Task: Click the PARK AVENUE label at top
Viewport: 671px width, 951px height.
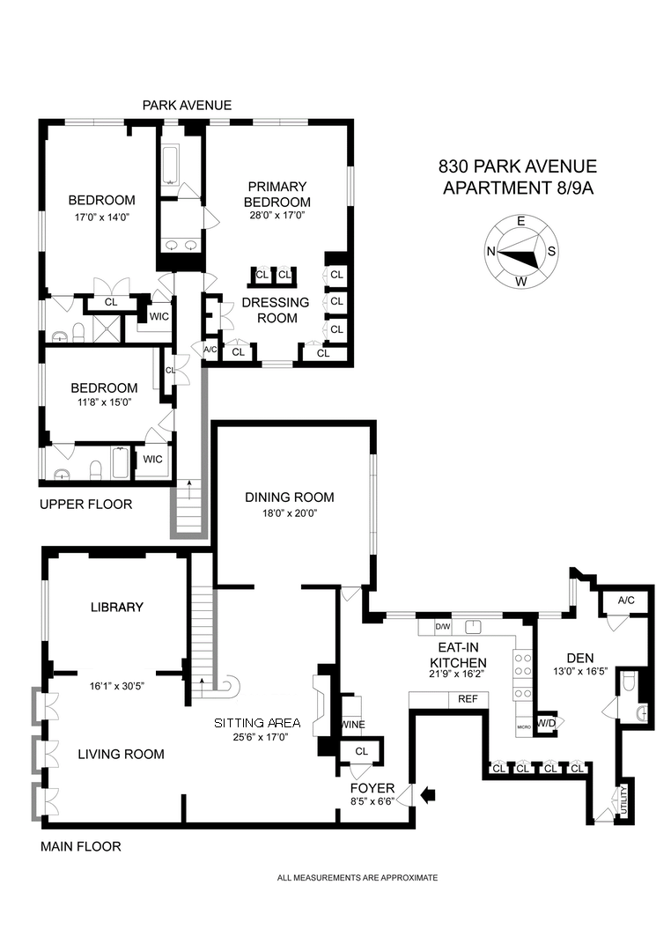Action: pyautogui.click(x=188, y=105)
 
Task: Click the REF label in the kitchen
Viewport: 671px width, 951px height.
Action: pyautogui.click(x=467, y=699)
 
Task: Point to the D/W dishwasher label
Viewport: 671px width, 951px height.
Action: pyautogui.click(x=444, y=627)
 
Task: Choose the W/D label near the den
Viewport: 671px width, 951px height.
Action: pyautogui.click(x=546, y=723)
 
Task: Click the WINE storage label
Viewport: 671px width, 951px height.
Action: pyautogui.click(x=354, y=725)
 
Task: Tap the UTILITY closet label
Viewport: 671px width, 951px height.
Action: pyautogui.click(x=626, y=800)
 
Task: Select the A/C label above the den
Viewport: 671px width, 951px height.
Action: pyautogui.click(x=626, y=600)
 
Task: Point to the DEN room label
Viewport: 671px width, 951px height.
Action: pyautogui.click(x=579, y=657)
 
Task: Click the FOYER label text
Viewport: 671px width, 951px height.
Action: pyautogui.click(x=372, y=787)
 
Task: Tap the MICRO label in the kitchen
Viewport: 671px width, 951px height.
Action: pyautogui.click(x=524, y=726)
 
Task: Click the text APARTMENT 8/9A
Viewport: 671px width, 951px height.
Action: pyautogui.click(x=517, y=188)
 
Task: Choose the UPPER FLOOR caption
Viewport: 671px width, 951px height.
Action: pyautogui.click(x=86, y=505)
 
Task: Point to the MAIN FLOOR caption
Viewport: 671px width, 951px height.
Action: pyautogui.click(x=81, y=847)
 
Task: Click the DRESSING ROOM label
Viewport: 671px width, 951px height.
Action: pyautogui.click(x=277, y=310)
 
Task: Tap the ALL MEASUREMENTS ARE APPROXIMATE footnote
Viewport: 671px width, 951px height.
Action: pyautogui.click(x=358, y=877)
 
